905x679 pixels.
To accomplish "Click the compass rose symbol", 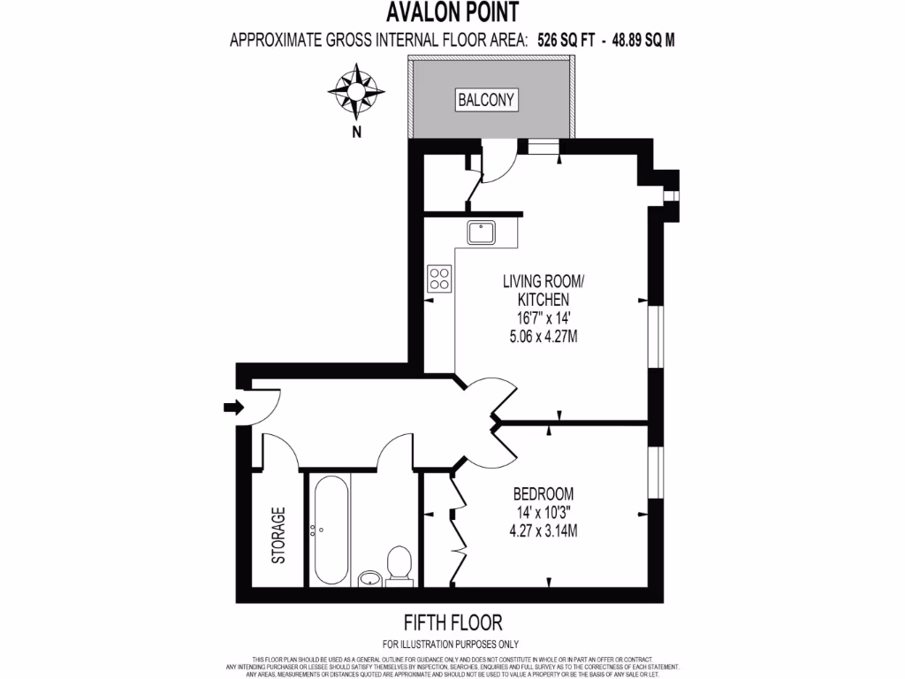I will [x=357, y=92].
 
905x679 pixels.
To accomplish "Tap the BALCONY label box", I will [x=486, y=100].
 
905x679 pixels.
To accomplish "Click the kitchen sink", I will [x=483, y=233].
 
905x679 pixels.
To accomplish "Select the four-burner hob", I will [x=439, y=278].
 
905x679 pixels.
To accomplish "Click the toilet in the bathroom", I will [x=399, y=566].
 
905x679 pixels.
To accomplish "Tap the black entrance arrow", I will [x=233, y=407].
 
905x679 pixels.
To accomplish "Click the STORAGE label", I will [x=278, y=535].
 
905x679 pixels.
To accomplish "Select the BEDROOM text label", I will [x=544, y=493].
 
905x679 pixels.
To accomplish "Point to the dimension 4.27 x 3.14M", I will [x=544, y=530].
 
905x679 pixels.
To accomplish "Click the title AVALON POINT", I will [x=452, y=12].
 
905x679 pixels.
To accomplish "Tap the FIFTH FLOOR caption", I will [x=452, y=623].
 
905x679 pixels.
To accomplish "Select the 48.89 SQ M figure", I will [x=643, y=39].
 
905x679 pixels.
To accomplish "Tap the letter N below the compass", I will [x=356, y=133].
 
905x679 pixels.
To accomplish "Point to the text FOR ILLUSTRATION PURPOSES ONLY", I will [x=452, y=645].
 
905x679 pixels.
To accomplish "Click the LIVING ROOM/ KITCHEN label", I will [x=543, y=291].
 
